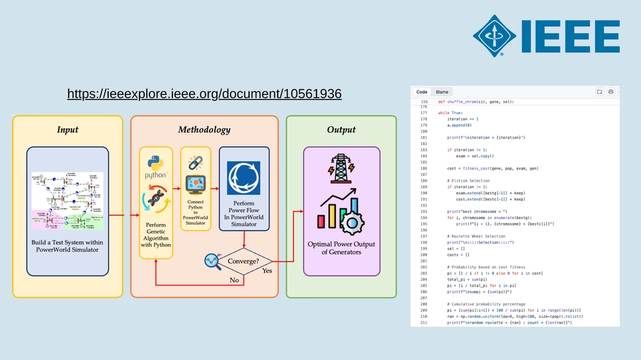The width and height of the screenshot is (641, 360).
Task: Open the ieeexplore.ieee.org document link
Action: point(204,94)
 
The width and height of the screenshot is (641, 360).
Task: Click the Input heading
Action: point(67,130)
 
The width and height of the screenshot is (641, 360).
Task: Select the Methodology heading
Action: point(204,130)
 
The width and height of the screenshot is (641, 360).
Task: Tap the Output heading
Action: point(341,130)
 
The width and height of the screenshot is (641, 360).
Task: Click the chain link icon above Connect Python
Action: point(195,162)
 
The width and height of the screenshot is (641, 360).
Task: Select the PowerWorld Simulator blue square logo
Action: point(244,175)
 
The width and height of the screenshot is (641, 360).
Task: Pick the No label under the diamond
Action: point(234,280)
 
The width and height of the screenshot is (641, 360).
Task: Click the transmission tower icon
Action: point(341,168)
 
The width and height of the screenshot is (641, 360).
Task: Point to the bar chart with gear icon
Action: point(341,208)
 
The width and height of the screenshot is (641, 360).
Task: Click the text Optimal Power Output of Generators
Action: point(341,248)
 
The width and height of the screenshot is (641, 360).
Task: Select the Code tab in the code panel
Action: point(421,92)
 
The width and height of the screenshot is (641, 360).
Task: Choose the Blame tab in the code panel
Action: point(442,92)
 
